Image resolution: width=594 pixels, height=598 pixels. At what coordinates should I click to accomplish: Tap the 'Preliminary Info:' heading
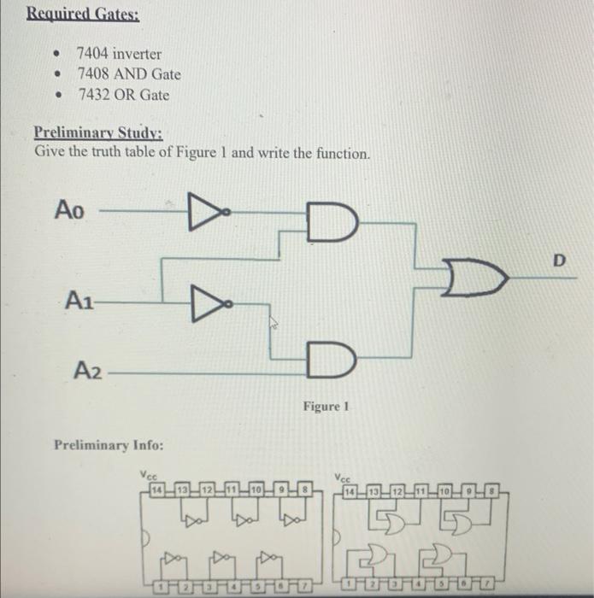[109, 445]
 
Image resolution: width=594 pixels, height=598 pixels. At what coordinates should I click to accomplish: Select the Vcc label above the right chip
[343, 478]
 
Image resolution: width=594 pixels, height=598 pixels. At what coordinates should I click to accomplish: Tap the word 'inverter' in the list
[137, 54]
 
